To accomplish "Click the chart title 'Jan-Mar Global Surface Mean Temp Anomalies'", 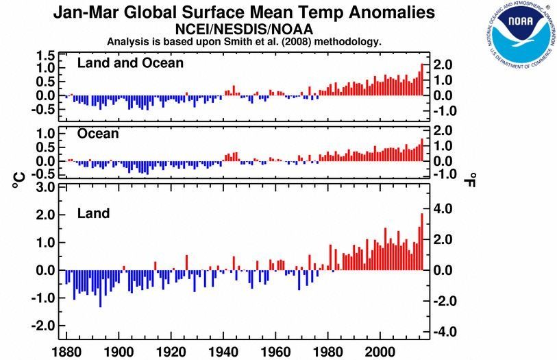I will click(x=245, y=12).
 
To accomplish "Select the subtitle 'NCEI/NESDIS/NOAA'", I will click(x=245, y=29).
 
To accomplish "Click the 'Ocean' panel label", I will click(x=98, y=134).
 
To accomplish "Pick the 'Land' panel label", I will click(x=93, y=214).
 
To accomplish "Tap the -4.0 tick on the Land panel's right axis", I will click(x=441, y=332).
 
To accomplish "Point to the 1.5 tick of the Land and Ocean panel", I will click(x=45, y=56).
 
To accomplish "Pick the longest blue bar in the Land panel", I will click(x=100, y=289).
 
